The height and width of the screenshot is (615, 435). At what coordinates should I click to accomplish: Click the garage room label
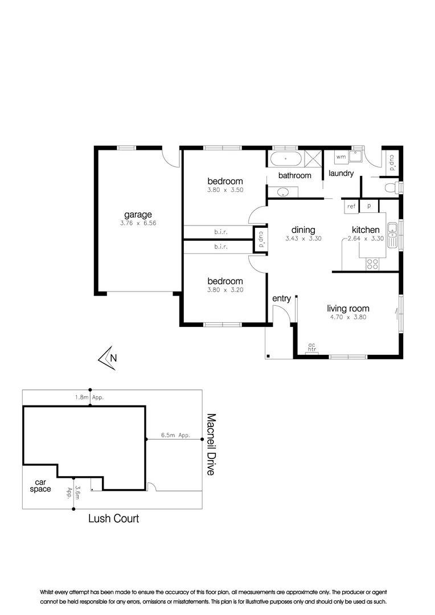pos(138,215)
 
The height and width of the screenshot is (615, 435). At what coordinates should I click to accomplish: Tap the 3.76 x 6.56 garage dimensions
pos(138,223)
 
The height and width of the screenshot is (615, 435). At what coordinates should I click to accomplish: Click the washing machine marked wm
pos(341,157)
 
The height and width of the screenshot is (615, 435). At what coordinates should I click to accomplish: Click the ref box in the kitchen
pos(351,206)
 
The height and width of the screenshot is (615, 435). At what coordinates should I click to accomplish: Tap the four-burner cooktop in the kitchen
pos(373,263)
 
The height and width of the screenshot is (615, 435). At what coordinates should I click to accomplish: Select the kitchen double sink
pos(392,236)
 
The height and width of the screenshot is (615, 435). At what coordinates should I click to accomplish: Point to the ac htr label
pos(311,347)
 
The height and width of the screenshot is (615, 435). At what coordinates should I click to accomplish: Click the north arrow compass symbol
pos(108,358)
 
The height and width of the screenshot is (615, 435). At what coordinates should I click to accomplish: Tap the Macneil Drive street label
pos(210,445)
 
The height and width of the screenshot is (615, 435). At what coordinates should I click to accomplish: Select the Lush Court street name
pos(113,518)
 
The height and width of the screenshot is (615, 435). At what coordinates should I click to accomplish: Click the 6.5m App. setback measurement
pos(175,435)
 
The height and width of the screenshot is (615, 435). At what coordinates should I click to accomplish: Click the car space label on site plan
pos(40,486)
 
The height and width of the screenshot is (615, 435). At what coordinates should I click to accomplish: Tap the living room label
pos(348,309)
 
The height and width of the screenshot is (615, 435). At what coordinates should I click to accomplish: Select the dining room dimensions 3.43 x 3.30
pos(303,239)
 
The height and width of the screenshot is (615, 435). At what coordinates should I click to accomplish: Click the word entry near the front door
pos(281,298)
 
